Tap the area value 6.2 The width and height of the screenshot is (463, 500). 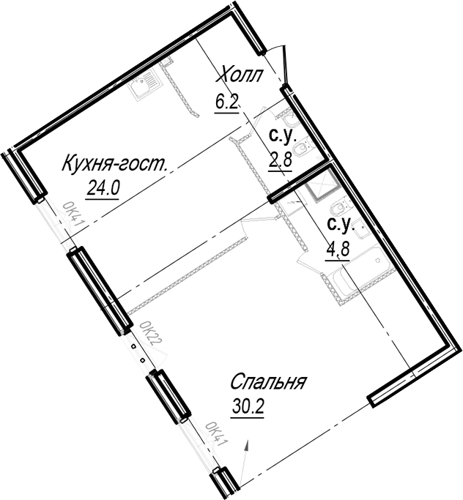227,102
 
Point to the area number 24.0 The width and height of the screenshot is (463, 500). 103,189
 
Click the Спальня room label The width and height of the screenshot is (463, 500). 268,381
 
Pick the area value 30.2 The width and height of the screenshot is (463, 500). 248,406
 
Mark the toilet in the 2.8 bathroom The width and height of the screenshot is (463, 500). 303,146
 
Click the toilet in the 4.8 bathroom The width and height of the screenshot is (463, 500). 341,208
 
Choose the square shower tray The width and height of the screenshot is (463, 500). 322,187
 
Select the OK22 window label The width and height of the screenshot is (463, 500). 151,334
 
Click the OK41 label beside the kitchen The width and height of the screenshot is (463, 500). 73,214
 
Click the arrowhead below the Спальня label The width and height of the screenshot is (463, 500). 247,446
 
